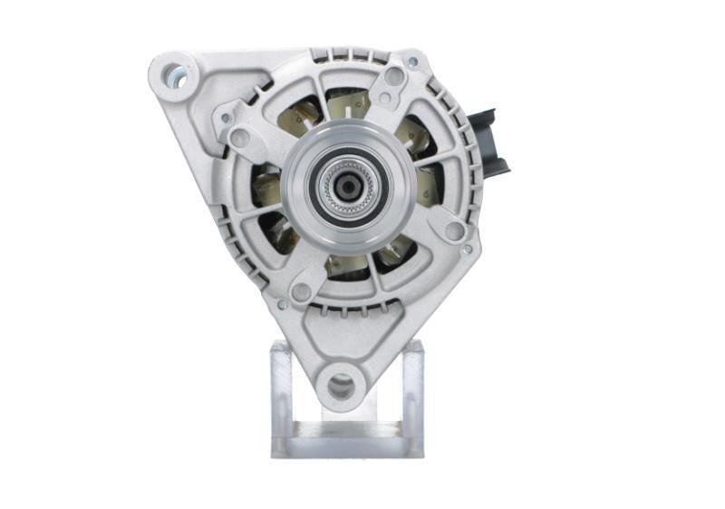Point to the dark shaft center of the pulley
coord(348,185)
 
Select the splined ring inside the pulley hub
coord(348,185)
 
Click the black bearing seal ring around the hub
coord(348,185)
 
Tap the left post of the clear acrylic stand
coord(282,390)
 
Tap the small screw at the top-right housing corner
coord(412,62)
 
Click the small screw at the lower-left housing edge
coord(283,304)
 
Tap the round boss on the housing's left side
coord(240,138)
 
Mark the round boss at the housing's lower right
coord(454,230)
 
